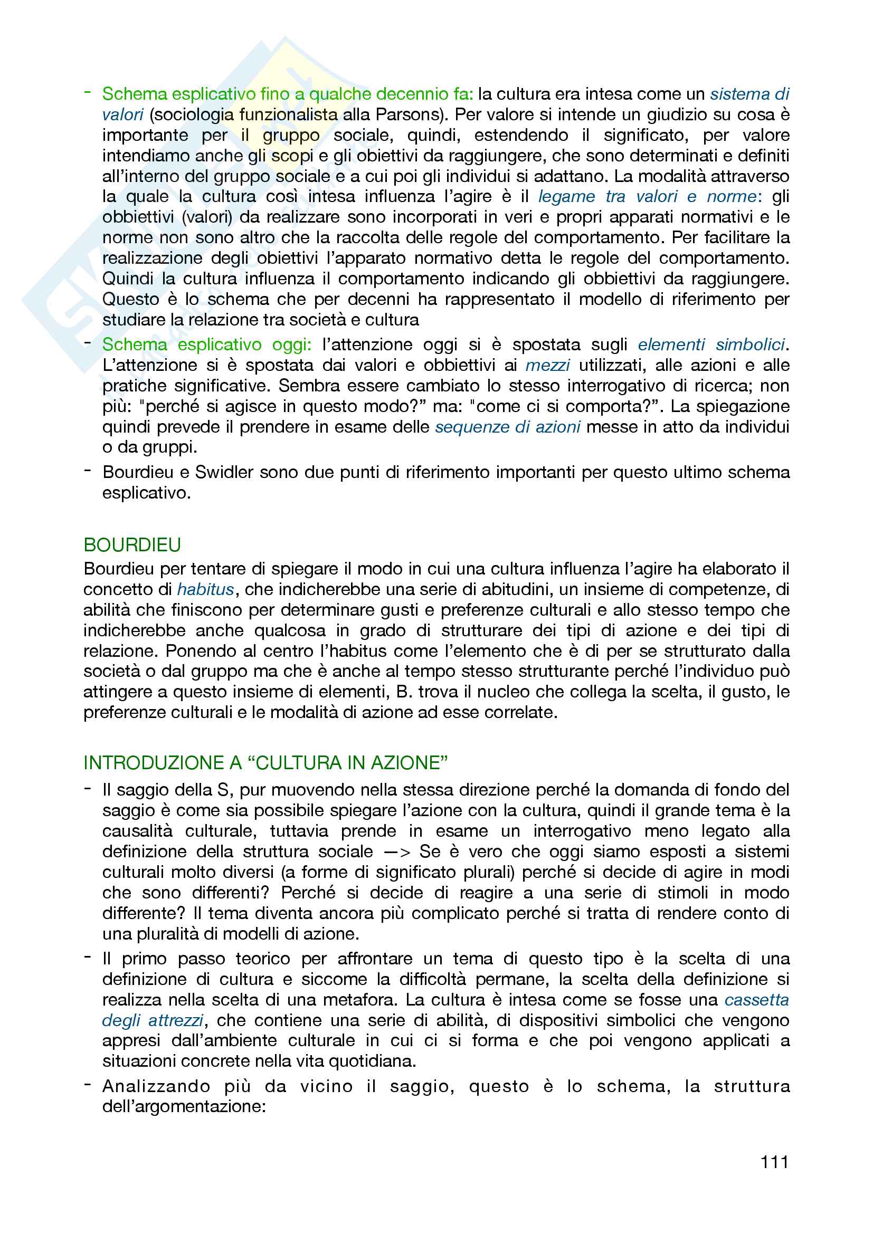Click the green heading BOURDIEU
coord(132,545)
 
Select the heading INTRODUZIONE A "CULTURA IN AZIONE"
coord(265,763)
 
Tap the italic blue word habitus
coord(205,590)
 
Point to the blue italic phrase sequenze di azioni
coord(507,427)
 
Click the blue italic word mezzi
coord(547,366)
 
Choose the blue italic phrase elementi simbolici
coord(711,345)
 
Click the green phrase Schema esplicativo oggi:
coord(206,345)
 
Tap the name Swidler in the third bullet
coord(224,472)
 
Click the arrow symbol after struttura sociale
coord(397,852)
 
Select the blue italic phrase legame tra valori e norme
coord(647,197)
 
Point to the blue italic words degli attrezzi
coord(153,1020)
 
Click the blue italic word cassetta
coord(756,1000)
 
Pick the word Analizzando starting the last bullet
coord(156,1086)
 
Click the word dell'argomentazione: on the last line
coord(184,1107)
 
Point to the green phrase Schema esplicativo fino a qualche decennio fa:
coord(288,94)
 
